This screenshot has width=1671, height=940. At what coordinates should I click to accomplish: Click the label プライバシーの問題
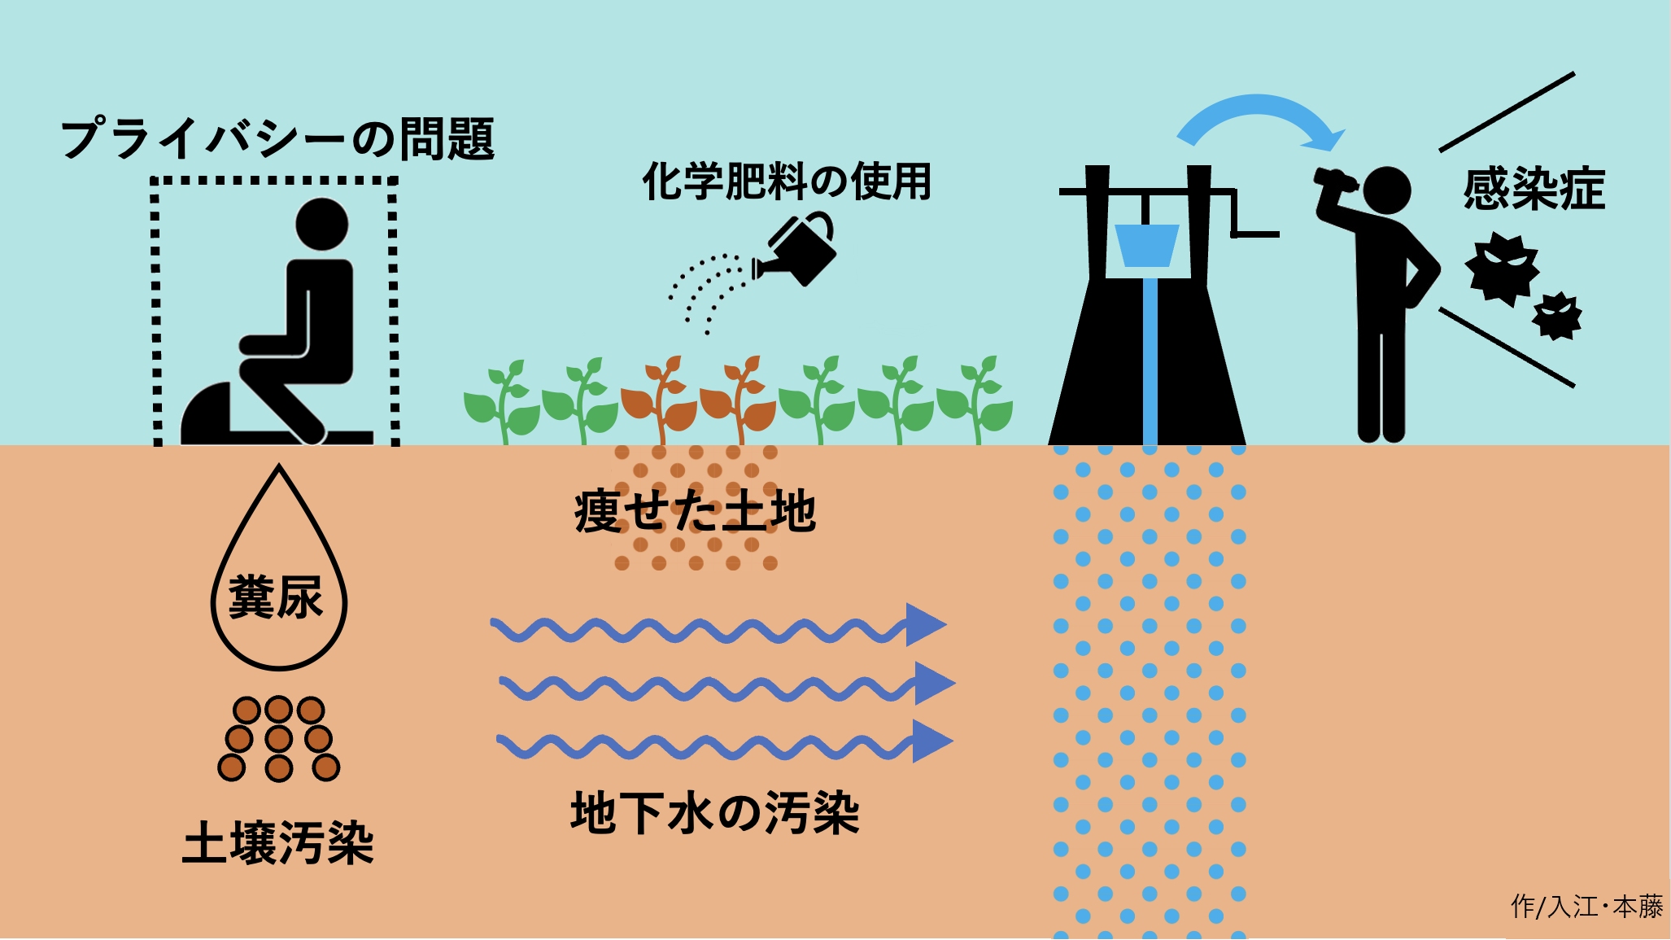click(277, 139)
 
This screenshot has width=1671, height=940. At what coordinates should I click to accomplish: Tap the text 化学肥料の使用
click(787, 181)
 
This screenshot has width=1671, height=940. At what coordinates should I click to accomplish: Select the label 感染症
click(1534, 189)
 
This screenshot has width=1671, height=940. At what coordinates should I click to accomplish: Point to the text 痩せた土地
click(695, 512)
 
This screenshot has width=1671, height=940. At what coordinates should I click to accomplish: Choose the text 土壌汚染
click(277, 842)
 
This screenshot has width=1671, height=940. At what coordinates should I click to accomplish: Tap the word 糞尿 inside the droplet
click(277, 597)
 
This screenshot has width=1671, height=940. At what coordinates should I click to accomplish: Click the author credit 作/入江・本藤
click(1586, 906)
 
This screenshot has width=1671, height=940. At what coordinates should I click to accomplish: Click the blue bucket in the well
click(1146, 245)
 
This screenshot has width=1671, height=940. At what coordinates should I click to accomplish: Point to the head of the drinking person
click(1386, 190)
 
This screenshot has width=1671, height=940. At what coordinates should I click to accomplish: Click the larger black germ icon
click(1502, 269)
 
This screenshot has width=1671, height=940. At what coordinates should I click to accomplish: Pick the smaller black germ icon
click(1557, 316)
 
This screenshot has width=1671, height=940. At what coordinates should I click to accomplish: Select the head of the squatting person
click(321, 224)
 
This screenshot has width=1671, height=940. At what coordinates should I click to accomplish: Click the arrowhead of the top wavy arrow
click(925, 625)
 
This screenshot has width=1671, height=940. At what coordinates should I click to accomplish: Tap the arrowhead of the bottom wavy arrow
click(931, 741)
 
